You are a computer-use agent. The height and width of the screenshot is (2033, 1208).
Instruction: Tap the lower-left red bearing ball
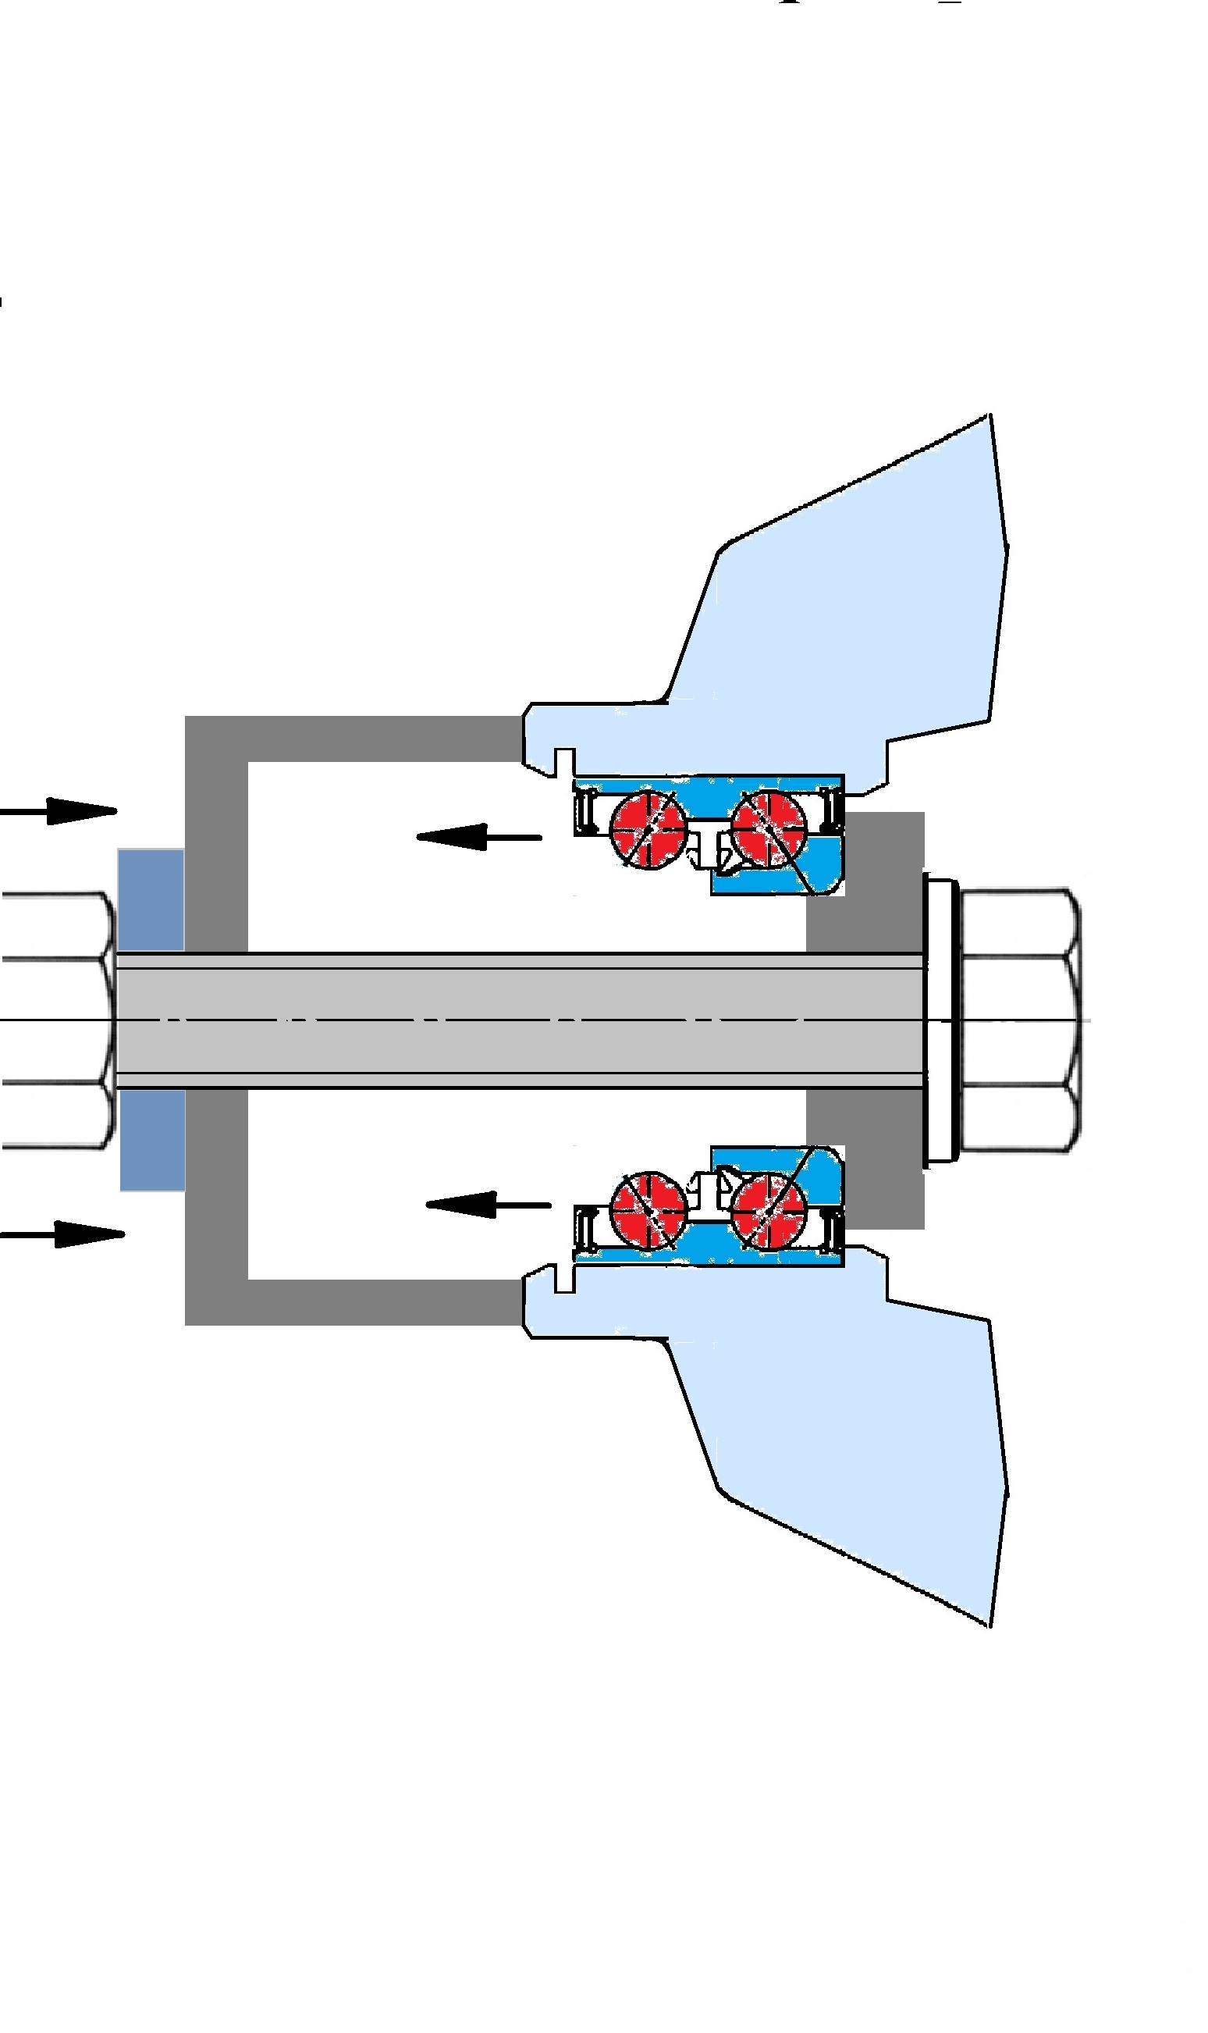pyautogui.click(x=648, y=1211)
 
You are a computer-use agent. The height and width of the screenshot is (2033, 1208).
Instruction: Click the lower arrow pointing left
pyautogui.click(x=488, y=1204)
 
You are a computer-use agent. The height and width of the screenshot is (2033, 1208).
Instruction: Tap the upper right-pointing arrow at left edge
pyautogui.click(x=61, y=811)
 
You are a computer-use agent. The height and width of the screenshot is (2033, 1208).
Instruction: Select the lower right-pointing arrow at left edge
pyautogui.click(x=65, y=1234)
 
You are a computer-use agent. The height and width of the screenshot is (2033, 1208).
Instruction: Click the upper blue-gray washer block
pyautogui.click(x=151, y=899)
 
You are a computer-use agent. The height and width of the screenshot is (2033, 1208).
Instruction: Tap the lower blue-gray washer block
pyautogui.click(x=152, y=1140)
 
